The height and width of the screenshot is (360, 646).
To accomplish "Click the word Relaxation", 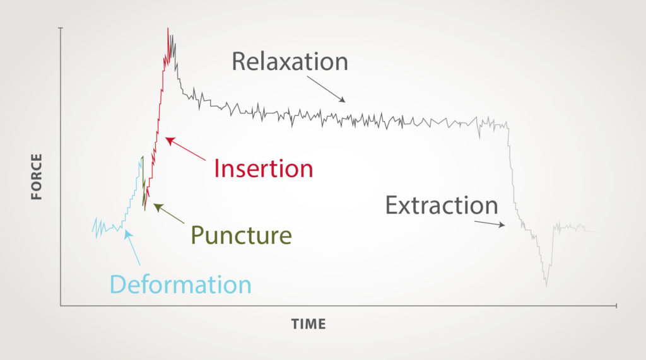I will [x=290, y=61].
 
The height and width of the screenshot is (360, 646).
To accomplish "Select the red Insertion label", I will [x=263, y=168].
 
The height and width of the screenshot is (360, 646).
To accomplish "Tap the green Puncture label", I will [x=241, y=235].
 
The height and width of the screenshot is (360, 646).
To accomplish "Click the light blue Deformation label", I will [x=180, y=284].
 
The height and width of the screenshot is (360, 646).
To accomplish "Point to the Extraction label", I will [x=442, y=206].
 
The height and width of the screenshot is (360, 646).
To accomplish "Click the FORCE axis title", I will [x=37, y=177].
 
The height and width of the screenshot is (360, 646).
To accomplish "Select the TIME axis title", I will [x=308, y=324].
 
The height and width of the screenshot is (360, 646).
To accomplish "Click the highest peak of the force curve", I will [x=168, y=29].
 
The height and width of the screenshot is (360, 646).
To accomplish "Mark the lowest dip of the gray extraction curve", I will [x=546, y=286].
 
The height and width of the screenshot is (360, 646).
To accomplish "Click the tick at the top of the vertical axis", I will [x=61, y=28].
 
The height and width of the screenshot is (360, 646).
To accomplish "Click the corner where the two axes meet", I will [x=61, y=306].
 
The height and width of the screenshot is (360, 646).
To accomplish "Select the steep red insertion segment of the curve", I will [x=158, y=120].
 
